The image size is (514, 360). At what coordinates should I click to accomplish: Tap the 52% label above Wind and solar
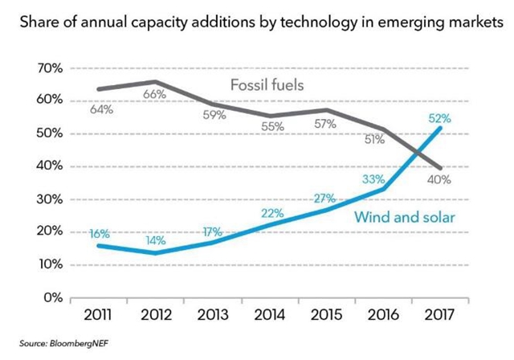439,118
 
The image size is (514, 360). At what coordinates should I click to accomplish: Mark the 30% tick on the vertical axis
49,199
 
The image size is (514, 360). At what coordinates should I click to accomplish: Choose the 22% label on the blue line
268,211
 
